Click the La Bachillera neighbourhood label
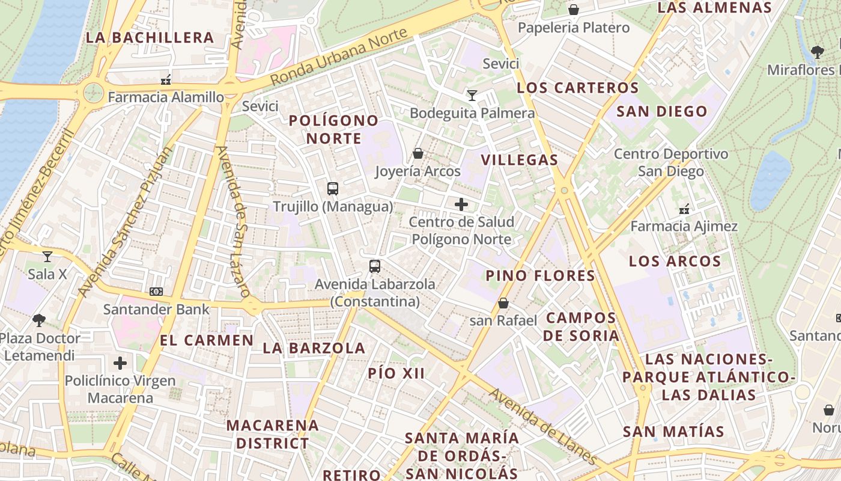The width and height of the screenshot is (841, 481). tap(150, 37)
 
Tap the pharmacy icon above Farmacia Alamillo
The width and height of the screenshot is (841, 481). tap(166, 79)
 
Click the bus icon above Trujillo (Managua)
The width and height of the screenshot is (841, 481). tap(333, 189)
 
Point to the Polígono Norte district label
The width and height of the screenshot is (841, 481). tap(333, 129)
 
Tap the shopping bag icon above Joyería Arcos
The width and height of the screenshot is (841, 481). tap(418, 153)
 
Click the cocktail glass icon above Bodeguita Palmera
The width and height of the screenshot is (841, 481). tap(472, 95)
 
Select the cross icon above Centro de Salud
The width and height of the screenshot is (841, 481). tap(461, 204)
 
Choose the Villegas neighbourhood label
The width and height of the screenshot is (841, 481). tap(520, 160)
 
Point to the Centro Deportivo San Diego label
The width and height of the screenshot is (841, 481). tap(670, 162)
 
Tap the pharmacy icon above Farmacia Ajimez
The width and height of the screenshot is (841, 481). tap(684, 209)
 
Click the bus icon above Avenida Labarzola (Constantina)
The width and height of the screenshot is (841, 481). tap(375, 266)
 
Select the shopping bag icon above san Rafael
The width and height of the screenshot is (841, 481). tap(503, 303)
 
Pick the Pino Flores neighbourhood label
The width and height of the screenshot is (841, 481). tap(540, 276)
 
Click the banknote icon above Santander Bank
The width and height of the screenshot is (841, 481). tap(156, 292)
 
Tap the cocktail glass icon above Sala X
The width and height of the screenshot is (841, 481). tap(47, 257)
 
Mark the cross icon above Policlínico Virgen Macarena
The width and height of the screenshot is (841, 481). tap(120, 363)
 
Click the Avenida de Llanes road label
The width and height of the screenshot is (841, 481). tap(544, 426)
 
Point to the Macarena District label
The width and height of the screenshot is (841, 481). tap(273, 434)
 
